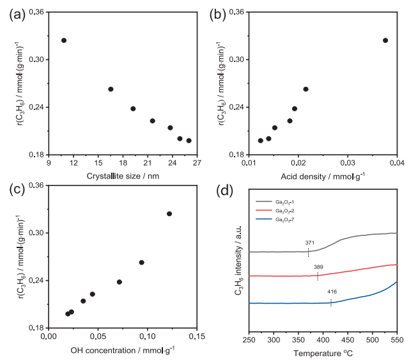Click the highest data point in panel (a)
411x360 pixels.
click(x=64, y=40)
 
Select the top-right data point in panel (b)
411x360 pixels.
click(x=385, y=40)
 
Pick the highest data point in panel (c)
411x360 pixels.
click(x=169, y=214)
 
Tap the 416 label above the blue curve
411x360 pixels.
click(x=332, y=292)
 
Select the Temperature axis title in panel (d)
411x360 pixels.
click(x=323, y=352)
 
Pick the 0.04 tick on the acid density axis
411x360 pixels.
click(x=397, y=164)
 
